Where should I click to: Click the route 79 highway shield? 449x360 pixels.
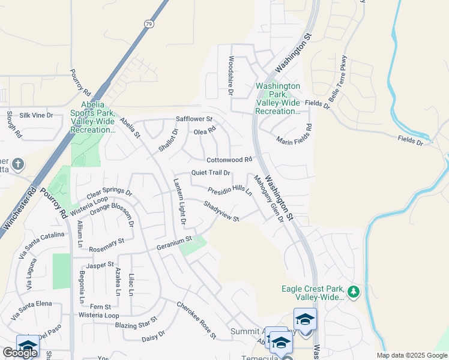148,23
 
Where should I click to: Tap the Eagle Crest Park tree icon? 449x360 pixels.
354,292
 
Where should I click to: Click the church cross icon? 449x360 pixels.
19,163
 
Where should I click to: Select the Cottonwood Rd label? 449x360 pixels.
229,160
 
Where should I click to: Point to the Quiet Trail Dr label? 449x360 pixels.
211,173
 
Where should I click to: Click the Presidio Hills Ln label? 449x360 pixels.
230,191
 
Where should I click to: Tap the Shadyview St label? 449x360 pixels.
221,211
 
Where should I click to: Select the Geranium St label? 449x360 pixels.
173,239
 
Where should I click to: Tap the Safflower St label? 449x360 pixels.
194,119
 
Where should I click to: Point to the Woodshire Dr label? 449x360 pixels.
231,76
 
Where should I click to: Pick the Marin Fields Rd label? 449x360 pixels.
295,136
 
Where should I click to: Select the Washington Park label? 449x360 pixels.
278,98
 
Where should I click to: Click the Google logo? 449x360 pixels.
20,353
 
